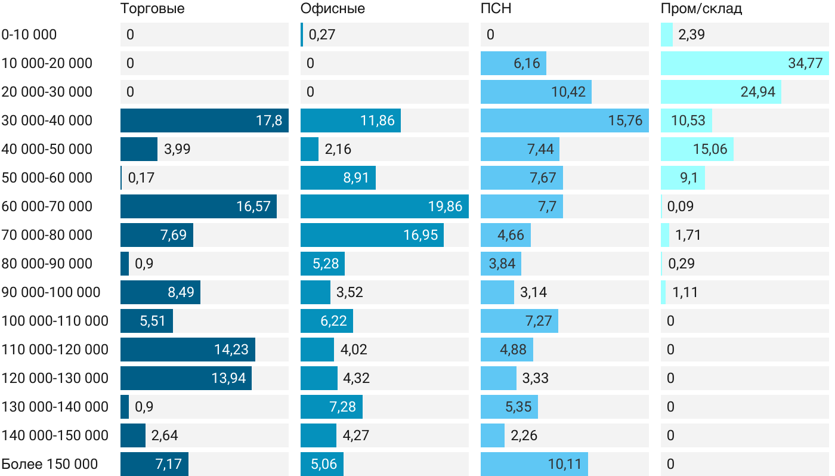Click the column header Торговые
coord(152,9)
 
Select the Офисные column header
coord(333,9)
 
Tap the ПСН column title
coord(496,9)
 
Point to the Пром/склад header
coord(701,9)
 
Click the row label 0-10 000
coord(29,35)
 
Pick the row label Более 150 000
coord(50,464)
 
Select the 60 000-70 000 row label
coord(47,206)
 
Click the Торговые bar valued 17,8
coord(204,120)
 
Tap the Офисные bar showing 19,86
coord(384,206)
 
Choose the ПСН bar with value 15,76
coord(564,120)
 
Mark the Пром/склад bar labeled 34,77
coord(744,63)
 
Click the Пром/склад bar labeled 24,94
coord(720,92)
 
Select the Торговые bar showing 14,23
coord(187,350)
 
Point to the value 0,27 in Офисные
coord(322,35)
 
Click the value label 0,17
coord(141,178)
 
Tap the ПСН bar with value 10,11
coord(534,464)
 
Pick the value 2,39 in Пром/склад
coord(691,35)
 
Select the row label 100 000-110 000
coord(55,321)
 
